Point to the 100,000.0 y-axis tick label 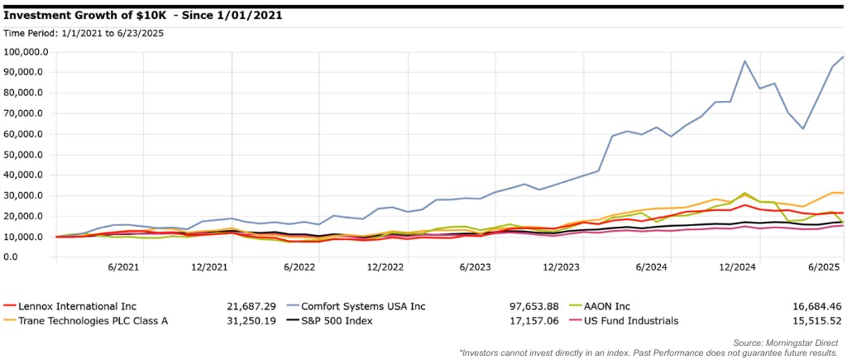(26, 51)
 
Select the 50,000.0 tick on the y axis (26, 154)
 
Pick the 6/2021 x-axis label (122, 267)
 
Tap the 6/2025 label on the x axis (823, 267)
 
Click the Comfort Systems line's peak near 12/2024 (745, 60)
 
